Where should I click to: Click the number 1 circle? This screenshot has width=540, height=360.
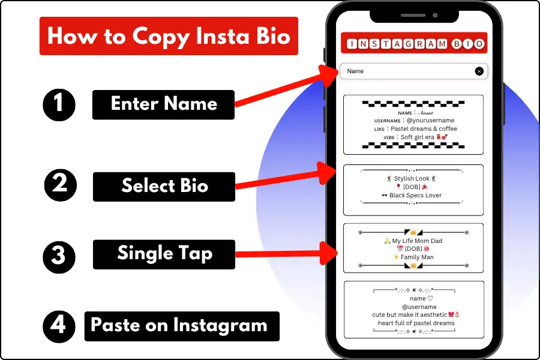(59, 105)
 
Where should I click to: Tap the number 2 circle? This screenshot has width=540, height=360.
(60, 185)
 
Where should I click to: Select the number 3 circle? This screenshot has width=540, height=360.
(59, 257)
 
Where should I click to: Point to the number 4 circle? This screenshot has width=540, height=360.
(59, 326)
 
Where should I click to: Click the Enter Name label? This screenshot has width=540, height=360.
(163, 105)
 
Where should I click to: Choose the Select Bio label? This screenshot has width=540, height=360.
(164, 187)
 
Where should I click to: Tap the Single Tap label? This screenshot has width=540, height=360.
(164, 254)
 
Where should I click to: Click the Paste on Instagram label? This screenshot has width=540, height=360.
(182, 326)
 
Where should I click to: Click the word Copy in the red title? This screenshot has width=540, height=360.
(161, 37)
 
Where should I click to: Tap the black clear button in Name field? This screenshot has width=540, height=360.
(479, 71)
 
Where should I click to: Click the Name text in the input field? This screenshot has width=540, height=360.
(355, 71)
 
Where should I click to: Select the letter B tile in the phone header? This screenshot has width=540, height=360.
(457, 44)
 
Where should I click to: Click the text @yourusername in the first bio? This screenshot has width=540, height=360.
(430, 120)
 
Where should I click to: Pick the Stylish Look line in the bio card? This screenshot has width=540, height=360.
(412, 178)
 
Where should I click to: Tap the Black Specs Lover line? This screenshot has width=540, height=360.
(412, 196)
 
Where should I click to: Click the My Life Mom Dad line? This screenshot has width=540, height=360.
(413, 241)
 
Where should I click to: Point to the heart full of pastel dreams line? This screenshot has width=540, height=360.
(416, 323)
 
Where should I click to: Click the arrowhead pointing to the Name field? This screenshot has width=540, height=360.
(328, 76)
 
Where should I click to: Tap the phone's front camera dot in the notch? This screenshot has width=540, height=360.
(435, 15)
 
